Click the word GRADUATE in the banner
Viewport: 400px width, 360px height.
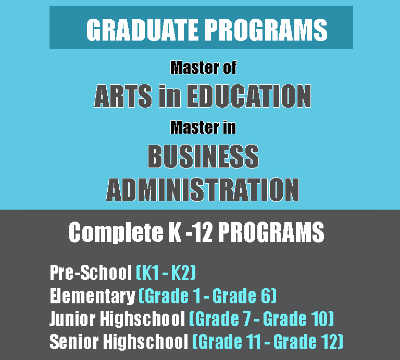[x=142, y=30]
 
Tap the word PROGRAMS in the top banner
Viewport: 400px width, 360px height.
[x=266, y=30]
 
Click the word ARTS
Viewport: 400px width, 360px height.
[x=123, y=96]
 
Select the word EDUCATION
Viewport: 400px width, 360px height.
[x=249, y=96]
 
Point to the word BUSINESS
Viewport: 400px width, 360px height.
[x=203, y=156]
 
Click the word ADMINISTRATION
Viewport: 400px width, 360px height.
[x=203, y=189]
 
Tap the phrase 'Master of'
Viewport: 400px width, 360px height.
[x=203, y=68]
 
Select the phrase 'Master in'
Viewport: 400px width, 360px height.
[x=203, y=127]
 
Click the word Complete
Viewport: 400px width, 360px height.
[x=116, y=233]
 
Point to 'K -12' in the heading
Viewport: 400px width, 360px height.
[x=190, y=232]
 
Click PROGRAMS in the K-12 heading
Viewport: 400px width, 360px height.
[x=271, y=232]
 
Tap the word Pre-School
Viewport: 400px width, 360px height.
[x=91, y=273]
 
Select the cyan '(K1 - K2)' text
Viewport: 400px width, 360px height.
[x=166, y=273]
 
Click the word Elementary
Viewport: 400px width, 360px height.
[x=92, y=296]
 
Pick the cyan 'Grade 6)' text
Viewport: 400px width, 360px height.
[x=244, y=296]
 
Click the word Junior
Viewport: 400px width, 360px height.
[x=73, y=319]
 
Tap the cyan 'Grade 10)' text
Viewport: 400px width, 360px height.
[x=298, y=318]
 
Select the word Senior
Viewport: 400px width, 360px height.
[x=74, y=341]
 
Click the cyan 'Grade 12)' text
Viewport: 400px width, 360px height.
[x=308, y=341]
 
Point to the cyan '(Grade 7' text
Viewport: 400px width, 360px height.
[x=220, y=318]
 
